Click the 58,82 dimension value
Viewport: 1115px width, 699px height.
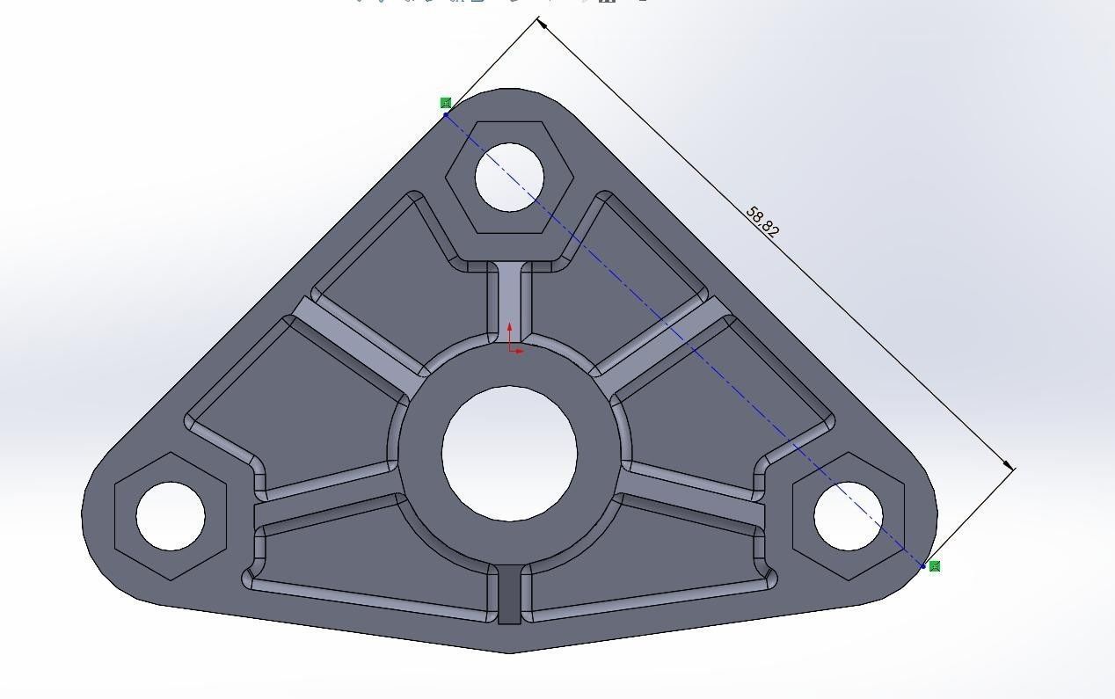pyautogui.click(x=762, y=222)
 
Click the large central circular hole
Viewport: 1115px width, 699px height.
pyautogui.click(x=509, y=452)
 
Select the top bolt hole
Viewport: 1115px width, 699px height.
pyautogui.click(x=510, y=177)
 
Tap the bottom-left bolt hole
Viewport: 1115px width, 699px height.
pyautogui.click(x=171, y=516)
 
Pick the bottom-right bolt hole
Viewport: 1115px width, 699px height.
pyautogui.click(x=849, y=516)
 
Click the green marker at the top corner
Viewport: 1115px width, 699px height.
pyautogui.click(x=446, y=103)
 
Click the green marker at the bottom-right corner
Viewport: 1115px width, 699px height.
pyautogui.click(x=935, y=566)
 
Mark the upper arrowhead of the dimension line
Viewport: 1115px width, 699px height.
pyautogui.click(x=543, y=24)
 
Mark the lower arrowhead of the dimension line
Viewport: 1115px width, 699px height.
pyautogui.click(x=1009, y=465)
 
